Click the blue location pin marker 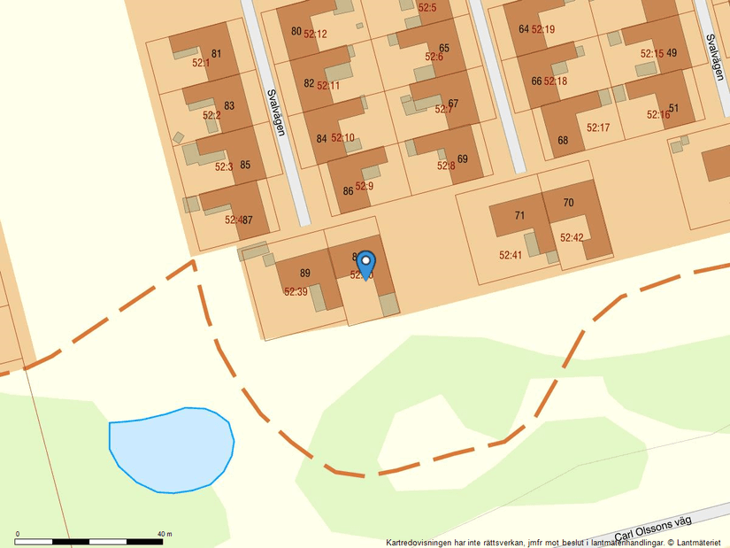[x=365, y=264]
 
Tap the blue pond [x=172, y=450]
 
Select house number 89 [x=305, y=274]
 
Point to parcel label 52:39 [x=296, y=291]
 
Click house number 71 [x=519, y=216]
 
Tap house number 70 [x=568, y=203]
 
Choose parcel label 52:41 [x=511, y=255]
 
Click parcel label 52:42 [x=572, y=237]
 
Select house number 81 [x=217, y=54]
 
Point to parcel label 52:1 [x=201, y=63]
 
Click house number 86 [x=348, y=191]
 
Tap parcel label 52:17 [x=598, y=127]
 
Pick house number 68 [x=563, y=140]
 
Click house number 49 [x=672, y=53]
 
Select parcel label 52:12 [x=316, y=35]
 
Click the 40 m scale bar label [x=165, y=534]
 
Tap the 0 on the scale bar [x=18, y=534]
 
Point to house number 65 [x=443, y=49]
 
